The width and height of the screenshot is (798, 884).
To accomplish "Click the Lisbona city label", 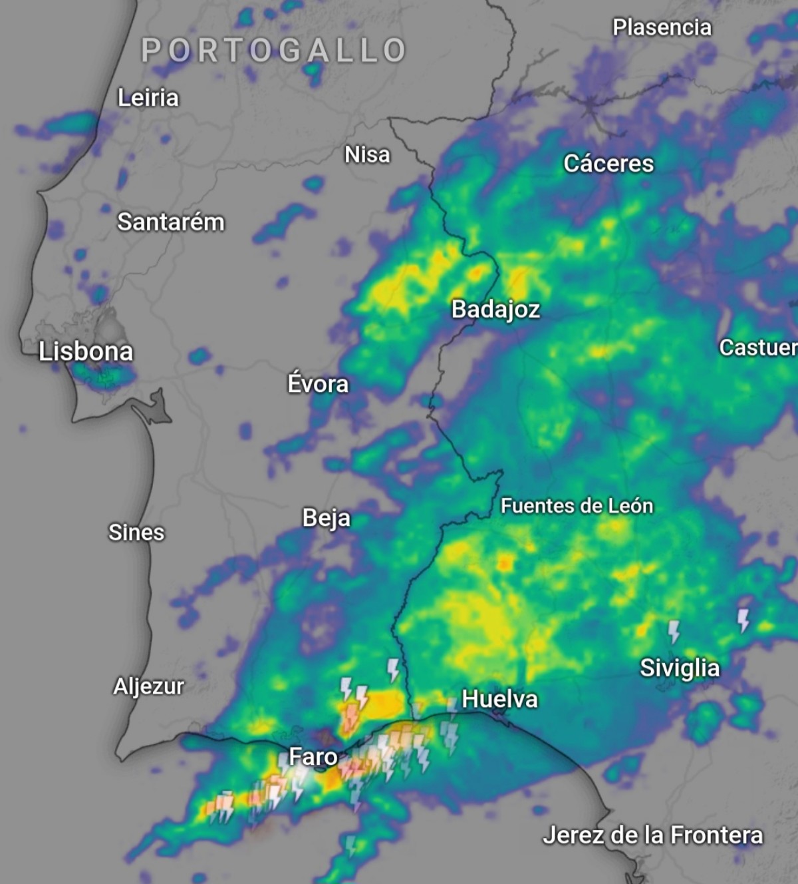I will click(x=86, y=351).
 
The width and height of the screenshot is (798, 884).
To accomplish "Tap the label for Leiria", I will click(x=148, y=98).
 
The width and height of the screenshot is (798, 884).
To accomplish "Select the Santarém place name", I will click(x=171, y=222).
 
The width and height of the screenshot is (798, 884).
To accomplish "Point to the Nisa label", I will click(x=367, y=154).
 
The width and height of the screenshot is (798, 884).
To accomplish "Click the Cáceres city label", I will click(x=608, y=164).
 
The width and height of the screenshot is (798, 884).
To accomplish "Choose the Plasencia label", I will click(x=662, y=27).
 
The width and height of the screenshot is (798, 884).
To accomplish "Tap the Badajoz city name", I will click(x=495, y=310).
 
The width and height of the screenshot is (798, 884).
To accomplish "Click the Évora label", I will click(x=318, y=384).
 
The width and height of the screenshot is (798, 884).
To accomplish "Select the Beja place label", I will click(x=326, y=518).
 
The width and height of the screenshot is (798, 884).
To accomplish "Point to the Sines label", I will click(x=136, y=533).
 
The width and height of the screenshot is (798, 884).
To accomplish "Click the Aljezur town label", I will click(x=148, y=686).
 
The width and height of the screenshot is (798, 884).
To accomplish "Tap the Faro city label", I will click(x=313, y=757).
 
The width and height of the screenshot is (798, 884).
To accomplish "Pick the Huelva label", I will click(x=499, y=699).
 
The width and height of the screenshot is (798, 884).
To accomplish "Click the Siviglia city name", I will click(x=680, y=668).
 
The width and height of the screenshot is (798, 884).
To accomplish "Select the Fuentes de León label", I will click(x=577, y=506).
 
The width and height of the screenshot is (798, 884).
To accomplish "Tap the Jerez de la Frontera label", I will click(x=652, y=835).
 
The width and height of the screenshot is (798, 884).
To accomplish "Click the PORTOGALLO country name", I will click(x=274, y=51).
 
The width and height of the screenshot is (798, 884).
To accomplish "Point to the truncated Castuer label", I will click(x=757, y=347).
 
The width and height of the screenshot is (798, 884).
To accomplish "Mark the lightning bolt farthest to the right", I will click(x=743, y=620).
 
